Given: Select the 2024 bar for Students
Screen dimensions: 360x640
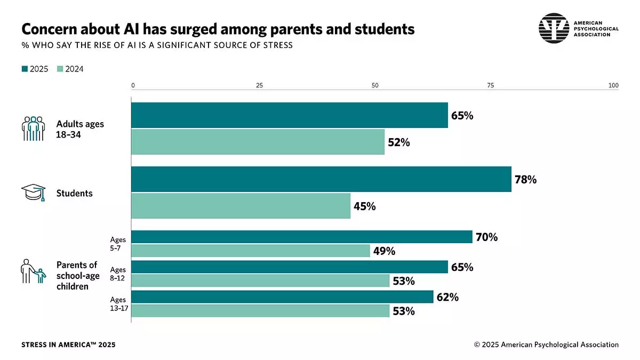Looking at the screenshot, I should (x=241, y=206).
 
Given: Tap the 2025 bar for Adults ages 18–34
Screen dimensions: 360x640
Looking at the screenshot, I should (x=290, y=115).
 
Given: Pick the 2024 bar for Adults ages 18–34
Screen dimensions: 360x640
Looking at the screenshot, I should (x=258, y=142).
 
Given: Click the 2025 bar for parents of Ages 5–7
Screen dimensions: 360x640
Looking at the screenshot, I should (x=302, y=237).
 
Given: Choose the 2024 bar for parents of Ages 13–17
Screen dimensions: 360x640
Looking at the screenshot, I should (x=260, y=310).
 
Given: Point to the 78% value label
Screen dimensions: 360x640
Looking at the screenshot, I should (x=525, y=180).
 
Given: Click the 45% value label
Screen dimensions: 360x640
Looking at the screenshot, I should (x=365, y=206).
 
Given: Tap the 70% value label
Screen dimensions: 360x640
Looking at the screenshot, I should (x=486, y=237).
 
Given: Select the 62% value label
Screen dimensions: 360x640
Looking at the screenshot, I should (x=447, y=297).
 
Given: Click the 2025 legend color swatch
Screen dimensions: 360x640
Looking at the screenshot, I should (x=25, y=69).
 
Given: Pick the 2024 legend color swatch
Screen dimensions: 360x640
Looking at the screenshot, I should (x=60, y=69).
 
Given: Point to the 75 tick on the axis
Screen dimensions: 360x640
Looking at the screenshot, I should (x=491, y=85).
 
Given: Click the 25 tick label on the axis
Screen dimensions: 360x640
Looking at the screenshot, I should (x=259, y=85).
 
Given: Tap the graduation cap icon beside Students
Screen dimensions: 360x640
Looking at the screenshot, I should (x=33, y=193).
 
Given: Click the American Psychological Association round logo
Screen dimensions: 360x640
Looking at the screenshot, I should (x=554, y=28).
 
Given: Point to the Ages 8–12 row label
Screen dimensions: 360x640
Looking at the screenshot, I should (x=118, y=274).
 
